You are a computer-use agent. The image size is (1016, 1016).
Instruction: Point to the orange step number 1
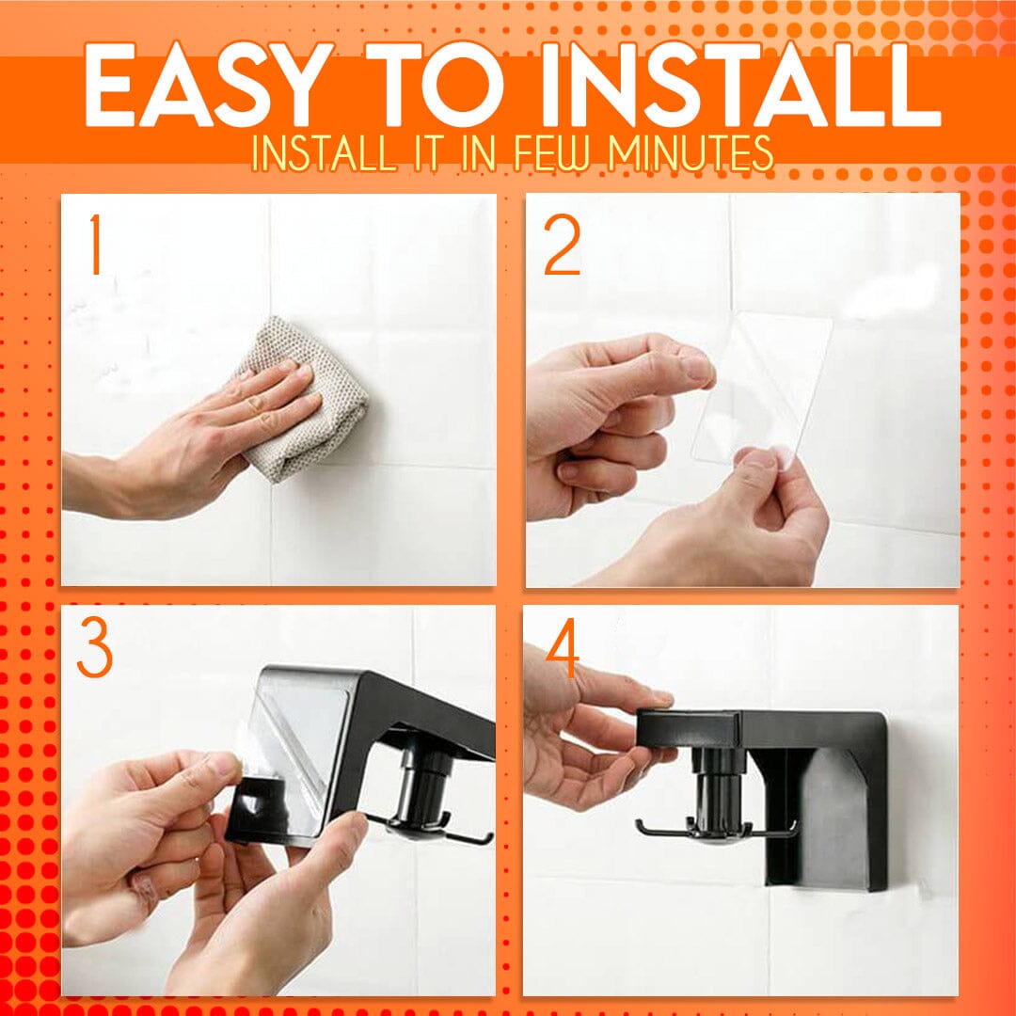94,246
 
